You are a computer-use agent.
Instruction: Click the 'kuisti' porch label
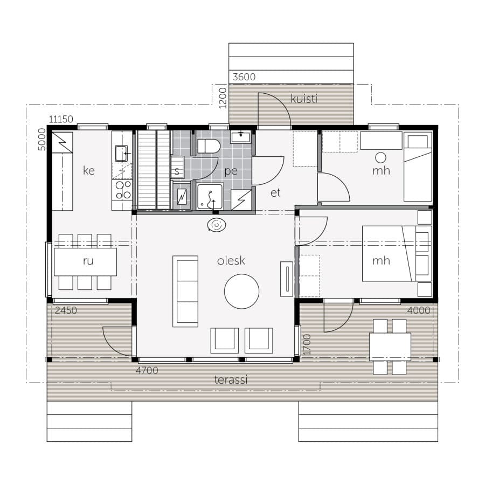pyautogui.click(x=304, y=99)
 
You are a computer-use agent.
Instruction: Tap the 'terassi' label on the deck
pyautogui.click(x=231, y=379)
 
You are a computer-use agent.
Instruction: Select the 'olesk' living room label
pyautogui.click(x=231, y=260)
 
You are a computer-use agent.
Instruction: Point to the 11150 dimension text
pyautogui.click(x=61, y=119)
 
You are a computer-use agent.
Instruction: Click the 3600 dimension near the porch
pyautogui.click(x=244, y=77)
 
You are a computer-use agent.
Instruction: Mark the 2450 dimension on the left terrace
pyautogui.click(x=66, y=310)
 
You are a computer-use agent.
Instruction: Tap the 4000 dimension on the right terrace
pyautogui.click(x=419, y=310)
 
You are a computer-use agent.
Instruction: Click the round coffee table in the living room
pyautogui.click(x=241, y=292)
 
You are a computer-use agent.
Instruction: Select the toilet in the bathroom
pyautogui.click(x=209, y=146)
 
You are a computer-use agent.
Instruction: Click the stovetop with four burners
pyautogui.click(x=123, y=190)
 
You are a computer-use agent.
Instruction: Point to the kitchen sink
pyautogui.click(x=121, y=154)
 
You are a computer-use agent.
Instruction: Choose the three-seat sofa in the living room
pyautogui.click(x=185, y=292)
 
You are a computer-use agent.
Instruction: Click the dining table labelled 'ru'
pyautogui.click(x=85, y=262)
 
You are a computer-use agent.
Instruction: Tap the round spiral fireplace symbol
pyautogui.click(x=217, y=225)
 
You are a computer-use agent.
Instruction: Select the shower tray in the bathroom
pyautogui.click(x=210, y=197)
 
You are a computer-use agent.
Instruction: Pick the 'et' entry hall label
pyautogui.click(x=275, y=193)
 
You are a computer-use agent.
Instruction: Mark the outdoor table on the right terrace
pyautogui.click(x=390, y=347)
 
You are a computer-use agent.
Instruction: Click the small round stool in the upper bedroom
pyautogui.click(x=380, y=158)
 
